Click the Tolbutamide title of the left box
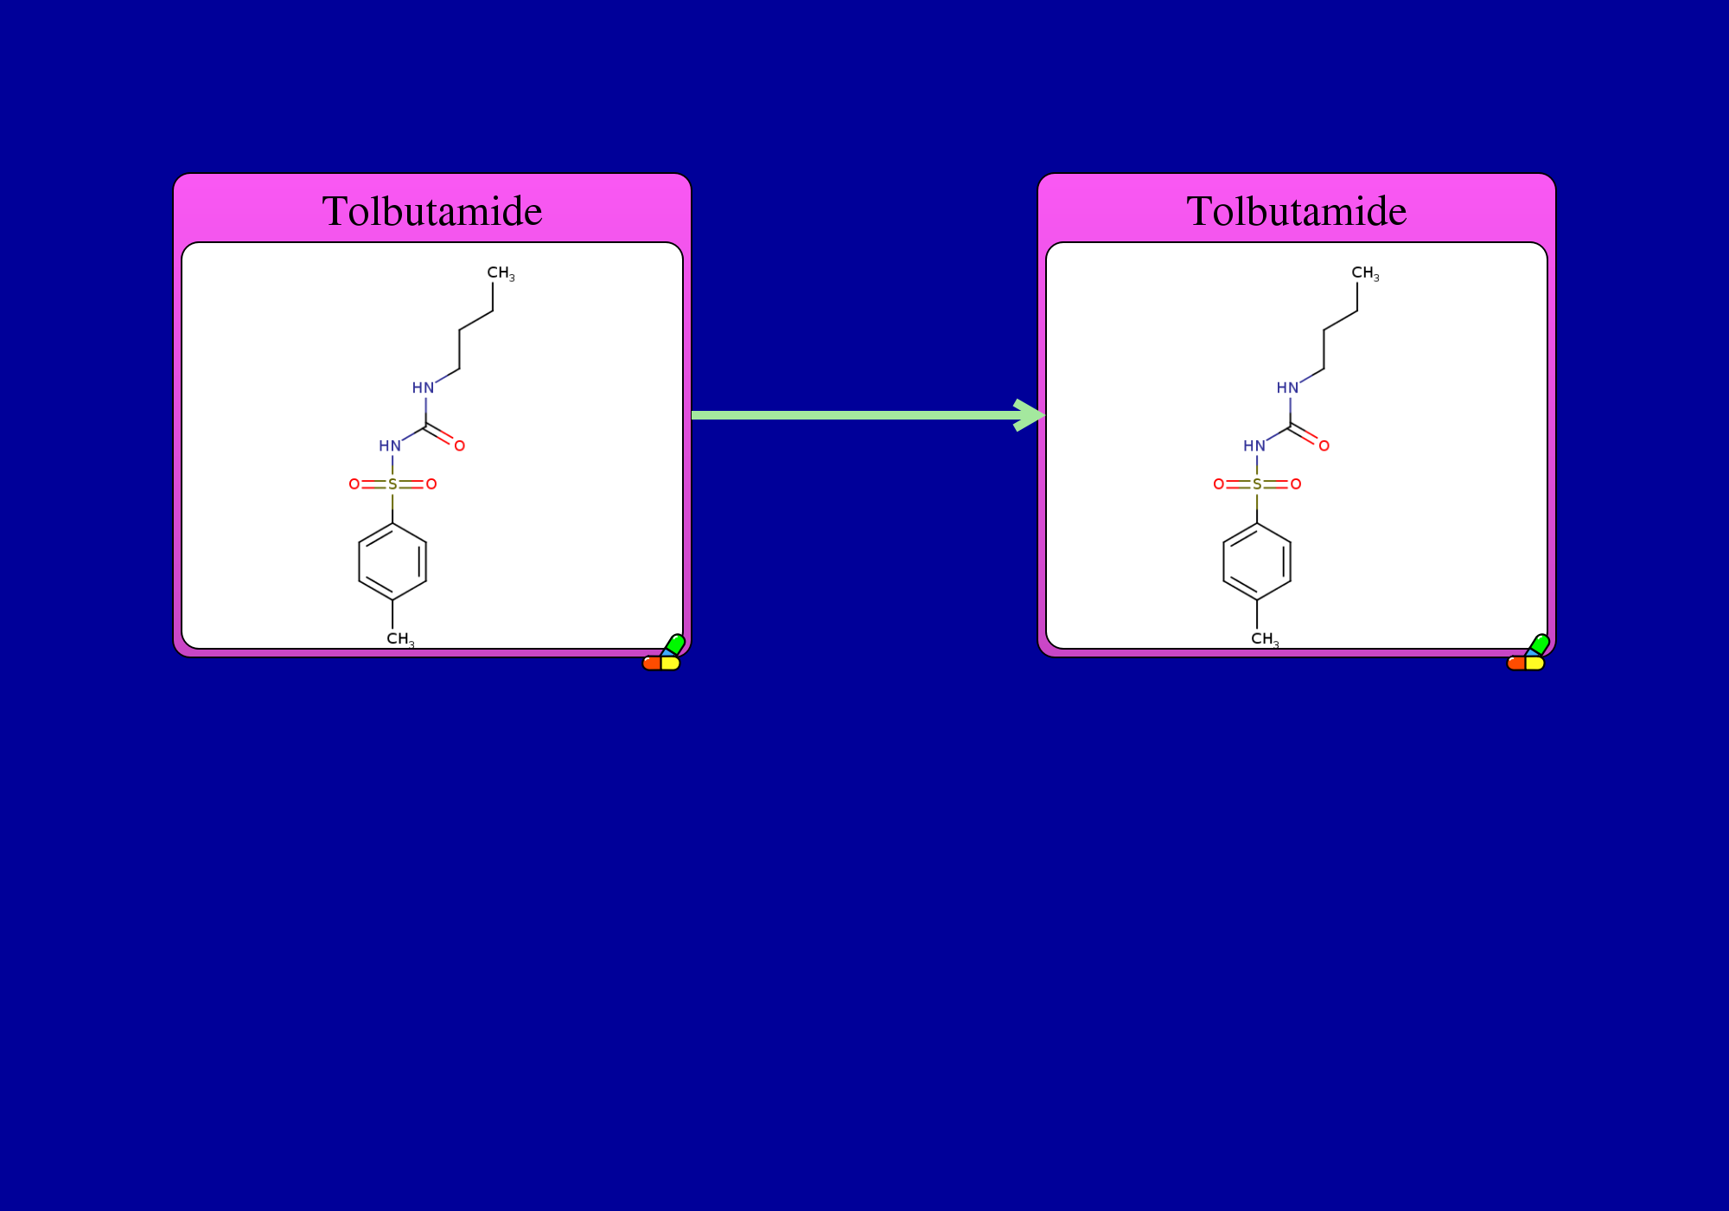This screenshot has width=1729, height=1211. click(432, 211)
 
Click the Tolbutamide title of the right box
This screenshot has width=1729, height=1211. click(1297, 211)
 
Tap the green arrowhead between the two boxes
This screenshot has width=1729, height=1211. click(1030, 415)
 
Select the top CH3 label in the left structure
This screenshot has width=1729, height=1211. click(501, 273)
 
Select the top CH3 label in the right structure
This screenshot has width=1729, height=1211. click(1365, 273)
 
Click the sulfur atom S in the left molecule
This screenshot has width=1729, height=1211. click(392, 484)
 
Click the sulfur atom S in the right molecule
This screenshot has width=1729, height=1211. click(1257, 484)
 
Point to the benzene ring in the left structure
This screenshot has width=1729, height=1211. click(359, 562)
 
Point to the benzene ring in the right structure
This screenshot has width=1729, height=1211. click(1223, 562)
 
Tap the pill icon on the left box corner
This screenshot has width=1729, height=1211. click(664, 655)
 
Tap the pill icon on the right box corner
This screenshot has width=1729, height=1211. click(1528, 655)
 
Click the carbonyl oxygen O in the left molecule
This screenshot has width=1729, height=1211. click(460, 446)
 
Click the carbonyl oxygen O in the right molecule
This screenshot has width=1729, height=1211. click(1324, 446)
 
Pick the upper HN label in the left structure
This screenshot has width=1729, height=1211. click(423, 388)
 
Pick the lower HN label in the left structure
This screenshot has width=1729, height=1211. click(390, 446)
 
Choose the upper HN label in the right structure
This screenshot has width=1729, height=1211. click(1287, 388)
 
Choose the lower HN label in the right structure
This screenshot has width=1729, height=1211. click(1254, 446)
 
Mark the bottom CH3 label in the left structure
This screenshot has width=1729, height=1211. click(400, 639)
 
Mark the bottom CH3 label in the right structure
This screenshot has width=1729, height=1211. click(1265, 639)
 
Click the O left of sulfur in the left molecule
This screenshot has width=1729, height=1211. click(354, 484)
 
